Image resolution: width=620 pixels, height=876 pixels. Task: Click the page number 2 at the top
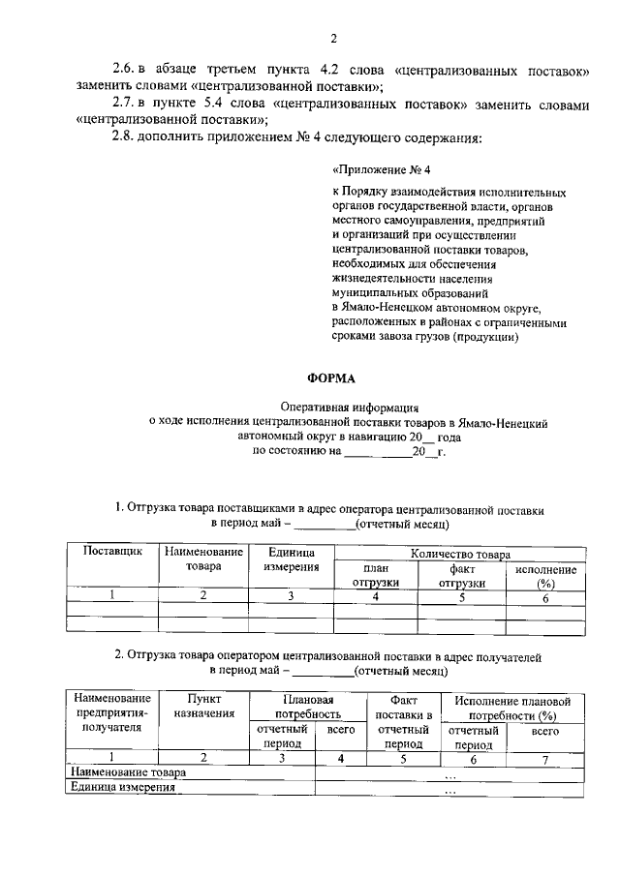click(x=331, y=39)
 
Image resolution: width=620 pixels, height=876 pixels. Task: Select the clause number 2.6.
click(x=126, y=71)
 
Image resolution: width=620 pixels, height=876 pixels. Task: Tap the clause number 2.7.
click(x=126, y=105)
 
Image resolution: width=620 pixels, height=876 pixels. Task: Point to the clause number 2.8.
click(x=126, y=137)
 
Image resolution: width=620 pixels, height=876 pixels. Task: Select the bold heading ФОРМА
click(x=331, y=378)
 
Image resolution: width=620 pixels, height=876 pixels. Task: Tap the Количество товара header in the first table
click(x=460, y=555)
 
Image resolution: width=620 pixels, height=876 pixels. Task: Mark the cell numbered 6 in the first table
click(x=545, y=598)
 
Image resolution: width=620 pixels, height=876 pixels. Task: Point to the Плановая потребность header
click(x=309, y=707)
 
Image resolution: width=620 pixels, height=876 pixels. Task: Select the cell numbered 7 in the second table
click(x=545, y=759)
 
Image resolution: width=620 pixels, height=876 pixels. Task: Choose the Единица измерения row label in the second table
click(x=123, y=788)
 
